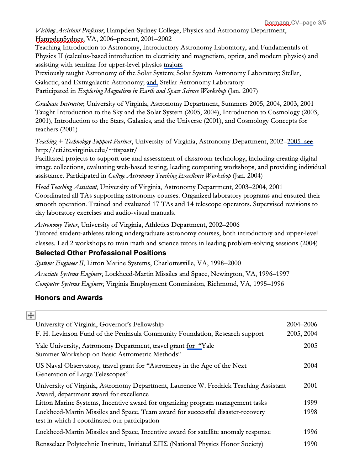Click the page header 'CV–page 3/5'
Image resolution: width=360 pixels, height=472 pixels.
[x=308, y=22]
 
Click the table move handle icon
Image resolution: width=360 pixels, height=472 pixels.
[x=31, y=315]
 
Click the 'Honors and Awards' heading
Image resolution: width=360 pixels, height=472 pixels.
[x=69, y=298]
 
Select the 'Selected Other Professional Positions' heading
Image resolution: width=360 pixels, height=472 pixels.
[x=101, y=253]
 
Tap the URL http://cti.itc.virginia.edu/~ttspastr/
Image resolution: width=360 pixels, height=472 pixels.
[x=86, y=150]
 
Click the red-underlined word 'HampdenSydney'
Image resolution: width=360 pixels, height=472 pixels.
[x=60, y=39]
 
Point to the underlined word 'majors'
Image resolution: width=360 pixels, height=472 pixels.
[x=173, y=64]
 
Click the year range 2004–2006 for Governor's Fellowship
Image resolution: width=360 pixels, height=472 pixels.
[x=302, y=324]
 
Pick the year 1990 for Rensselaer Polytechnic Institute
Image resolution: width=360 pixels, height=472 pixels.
[x=310, y=444]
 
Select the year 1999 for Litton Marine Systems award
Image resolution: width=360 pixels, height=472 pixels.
[x=310, y=403]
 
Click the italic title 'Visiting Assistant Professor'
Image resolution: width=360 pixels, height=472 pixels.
[x=69, y=30]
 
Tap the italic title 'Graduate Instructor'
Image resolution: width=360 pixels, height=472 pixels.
[x=59, y=104]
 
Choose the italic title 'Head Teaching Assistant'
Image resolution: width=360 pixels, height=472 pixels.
[x=66, y=187]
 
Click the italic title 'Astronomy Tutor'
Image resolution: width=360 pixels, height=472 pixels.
[x=57, y=225]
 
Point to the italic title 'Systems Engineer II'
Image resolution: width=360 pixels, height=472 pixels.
[x=59, y=263]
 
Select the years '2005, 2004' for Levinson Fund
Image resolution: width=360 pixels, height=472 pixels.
[x=302, y=334]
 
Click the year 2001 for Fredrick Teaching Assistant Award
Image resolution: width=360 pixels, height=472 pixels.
[x=310, y=386]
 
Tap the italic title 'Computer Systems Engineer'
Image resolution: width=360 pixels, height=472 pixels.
[x=69, y=284]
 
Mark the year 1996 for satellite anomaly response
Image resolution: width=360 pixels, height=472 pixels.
[x=310, y=432]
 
